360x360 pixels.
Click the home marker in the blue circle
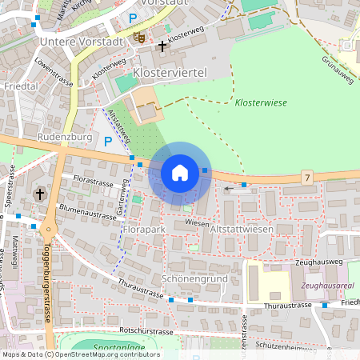[180, 172]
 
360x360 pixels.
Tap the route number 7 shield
[307, 176]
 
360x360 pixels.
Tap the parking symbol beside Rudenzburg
[108, 142]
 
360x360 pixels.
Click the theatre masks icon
[140, 37]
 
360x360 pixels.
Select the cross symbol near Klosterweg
[162, 46]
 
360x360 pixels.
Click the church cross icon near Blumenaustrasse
[40, 194]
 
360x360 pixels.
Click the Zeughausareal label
[327, 285]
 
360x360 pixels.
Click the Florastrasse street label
[94, 182]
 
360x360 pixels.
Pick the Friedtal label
[22, 85]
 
